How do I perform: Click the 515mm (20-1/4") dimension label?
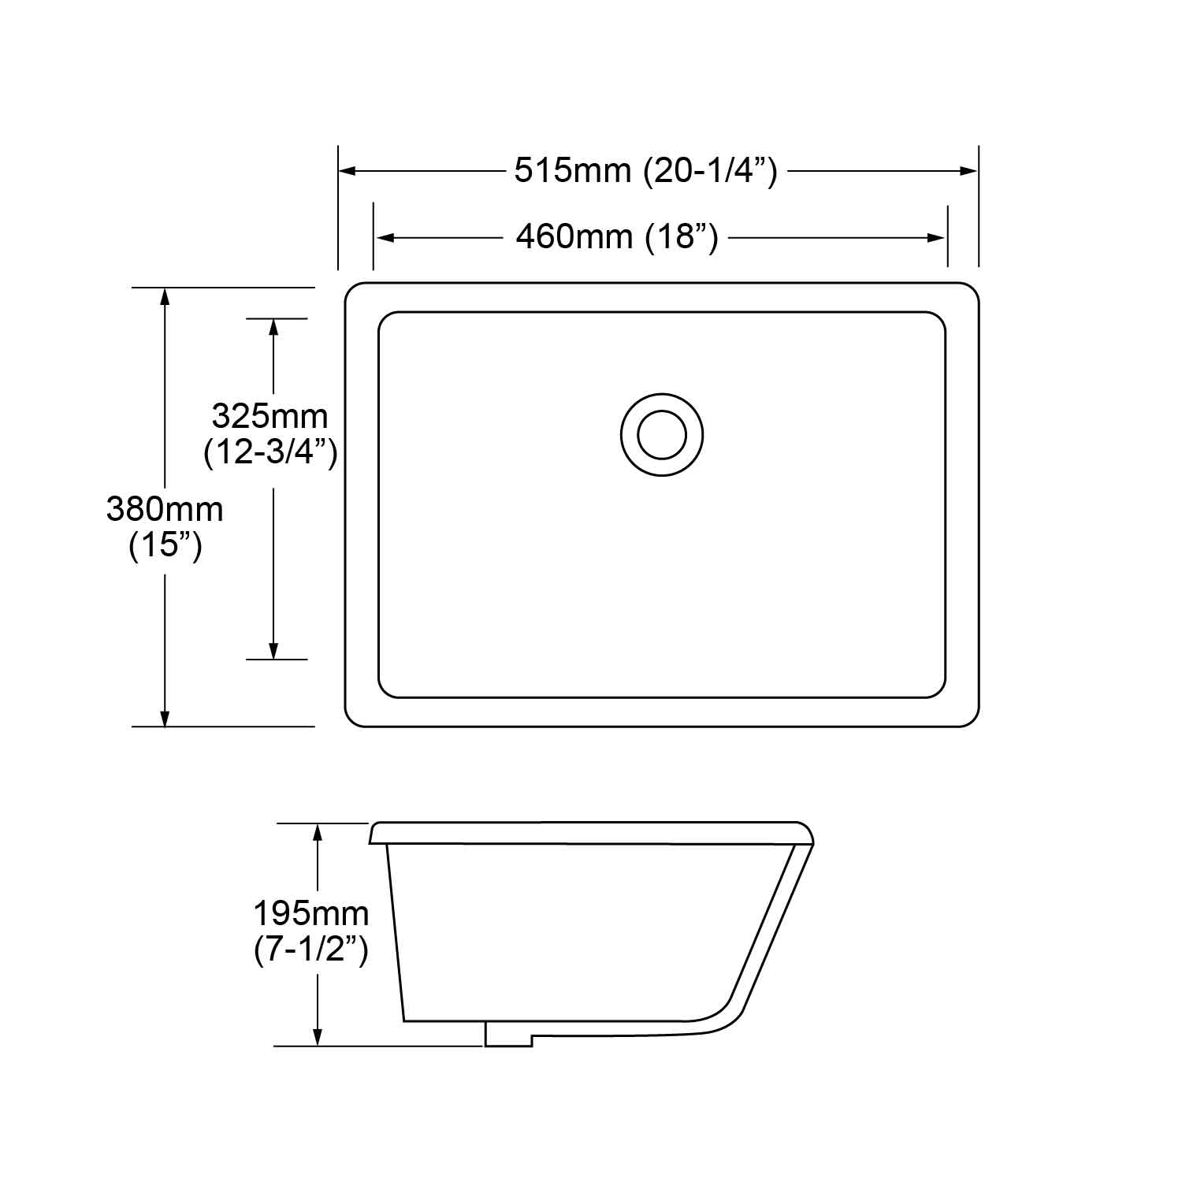point(645,170)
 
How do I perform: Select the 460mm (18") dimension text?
point(617,236)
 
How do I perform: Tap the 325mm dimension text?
point(269,416)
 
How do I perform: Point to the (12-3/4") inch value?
point(270,452)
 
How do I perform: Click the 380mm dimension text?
point(165,510)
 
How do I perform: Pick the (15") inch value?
point(165,545)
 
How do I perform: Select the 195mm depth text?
point(310,914)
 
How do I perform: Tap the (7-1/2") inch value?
point(310,950)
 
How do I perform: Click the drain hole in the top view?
point(661,434)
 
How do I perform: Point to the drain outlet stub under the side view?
point(508,1035)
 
